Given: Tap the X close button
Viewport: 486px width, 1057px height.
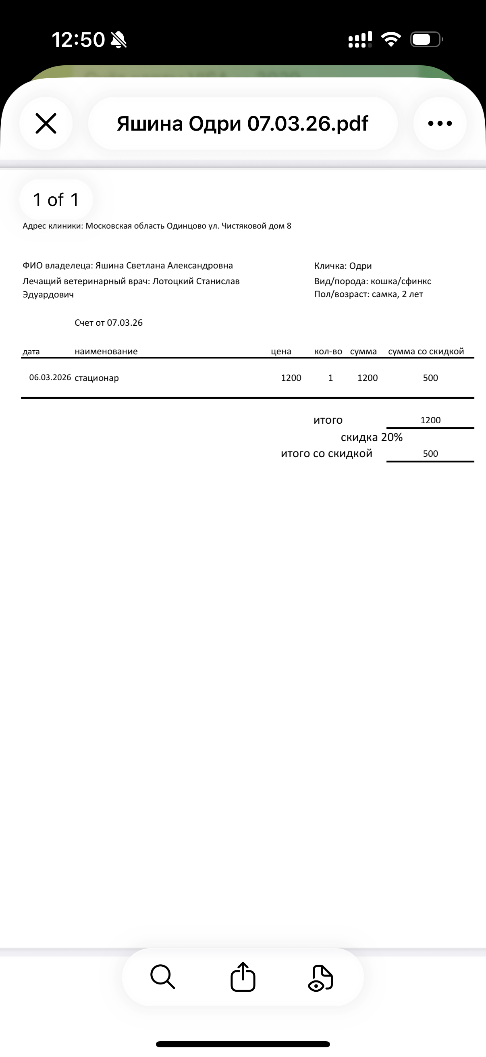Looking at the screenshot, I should pyautogui.click(x=46, y=123).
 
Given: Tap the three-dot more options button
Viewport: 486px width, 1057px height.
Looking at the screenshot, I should pyautogui.click(x=440, y=123).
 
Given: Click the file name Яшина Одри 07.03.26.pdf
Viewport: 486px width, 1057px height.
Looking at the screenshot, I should pyautogui.click(x=242, y=123).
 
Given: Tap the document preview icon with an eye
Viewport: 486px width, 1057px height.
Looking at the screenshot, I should pyautogui.click(x=321, y=978).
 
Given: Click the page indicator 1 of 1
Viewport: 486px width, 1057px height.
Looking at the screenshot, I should pyautogui.click(x=56, y=200).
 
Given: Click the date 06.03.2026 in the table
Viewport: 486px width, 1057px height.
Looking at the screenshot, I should pyautogui.click(x=50, y=377).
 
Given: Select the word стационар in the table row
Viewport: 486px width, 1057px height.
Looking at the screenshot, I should pyautogui.click(x=97, y=378).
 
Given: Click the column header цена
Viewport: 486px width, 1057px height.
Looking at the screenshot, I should pyautogui.click(x=281, y=351).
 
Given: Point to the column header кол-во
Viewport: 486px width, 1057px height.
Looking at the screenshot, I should pyautogui.click(x=328, y=351).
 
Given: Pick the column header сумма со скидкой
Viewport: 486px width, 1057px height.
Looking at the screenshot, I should pyautogui.click(x=426, y=351).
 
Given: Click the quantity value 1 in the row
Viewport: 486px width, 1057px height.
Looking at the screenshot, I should pyautogui.click(x=330, y=378).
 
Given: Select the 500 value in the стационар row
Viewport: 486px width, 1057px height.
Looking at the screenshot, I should pyautogui.click(x=430, y=378).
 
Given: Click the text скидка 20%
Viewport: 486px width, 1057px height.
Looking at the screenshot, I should pyautogui.click(x=372, y=437).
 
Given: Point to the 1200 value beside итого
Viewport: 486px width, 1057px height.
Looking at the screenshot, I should pyautogui.click(x=430, y=420).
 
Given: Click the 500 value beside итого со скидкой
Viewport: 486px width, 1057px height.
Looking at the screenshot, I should pyautogui.click(x=430, y=454).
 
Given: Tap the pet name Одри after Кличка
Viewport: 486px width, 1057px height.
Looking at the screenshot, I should pyautogui.click(x=361, y=266).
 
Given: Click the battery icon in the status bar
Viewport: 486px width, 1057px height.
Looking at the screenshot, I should pyautogui.click(x=426, y=40).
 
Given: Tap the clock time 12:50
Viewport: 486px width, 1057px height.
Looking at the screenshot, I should pyautogui.click(x=78, y=40).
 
